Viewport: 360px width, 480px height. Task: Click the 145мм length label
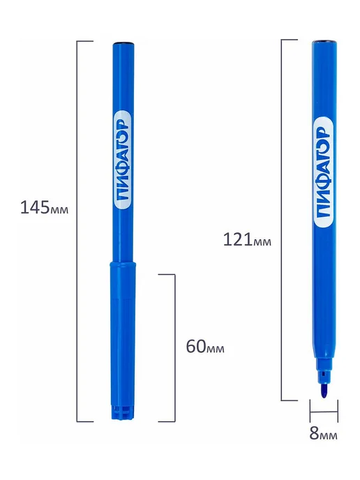pos(45,207)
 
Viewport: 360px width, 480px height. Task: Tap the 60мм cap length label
pos(205,347)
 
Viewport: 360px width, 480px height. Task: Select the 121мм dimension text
pos(247,239)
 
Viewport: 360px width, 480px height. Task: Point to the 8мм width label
pos(323,433)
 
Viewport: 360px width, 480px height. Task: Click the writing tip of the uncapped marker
pos(324,391)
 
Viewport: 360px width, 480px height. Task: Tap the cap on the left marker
pos(123,340)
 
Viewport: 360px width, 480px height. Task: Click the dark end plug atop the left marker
pos(123,43)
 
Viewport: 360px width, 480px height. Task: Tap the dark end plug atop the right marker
pos(324,41)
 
